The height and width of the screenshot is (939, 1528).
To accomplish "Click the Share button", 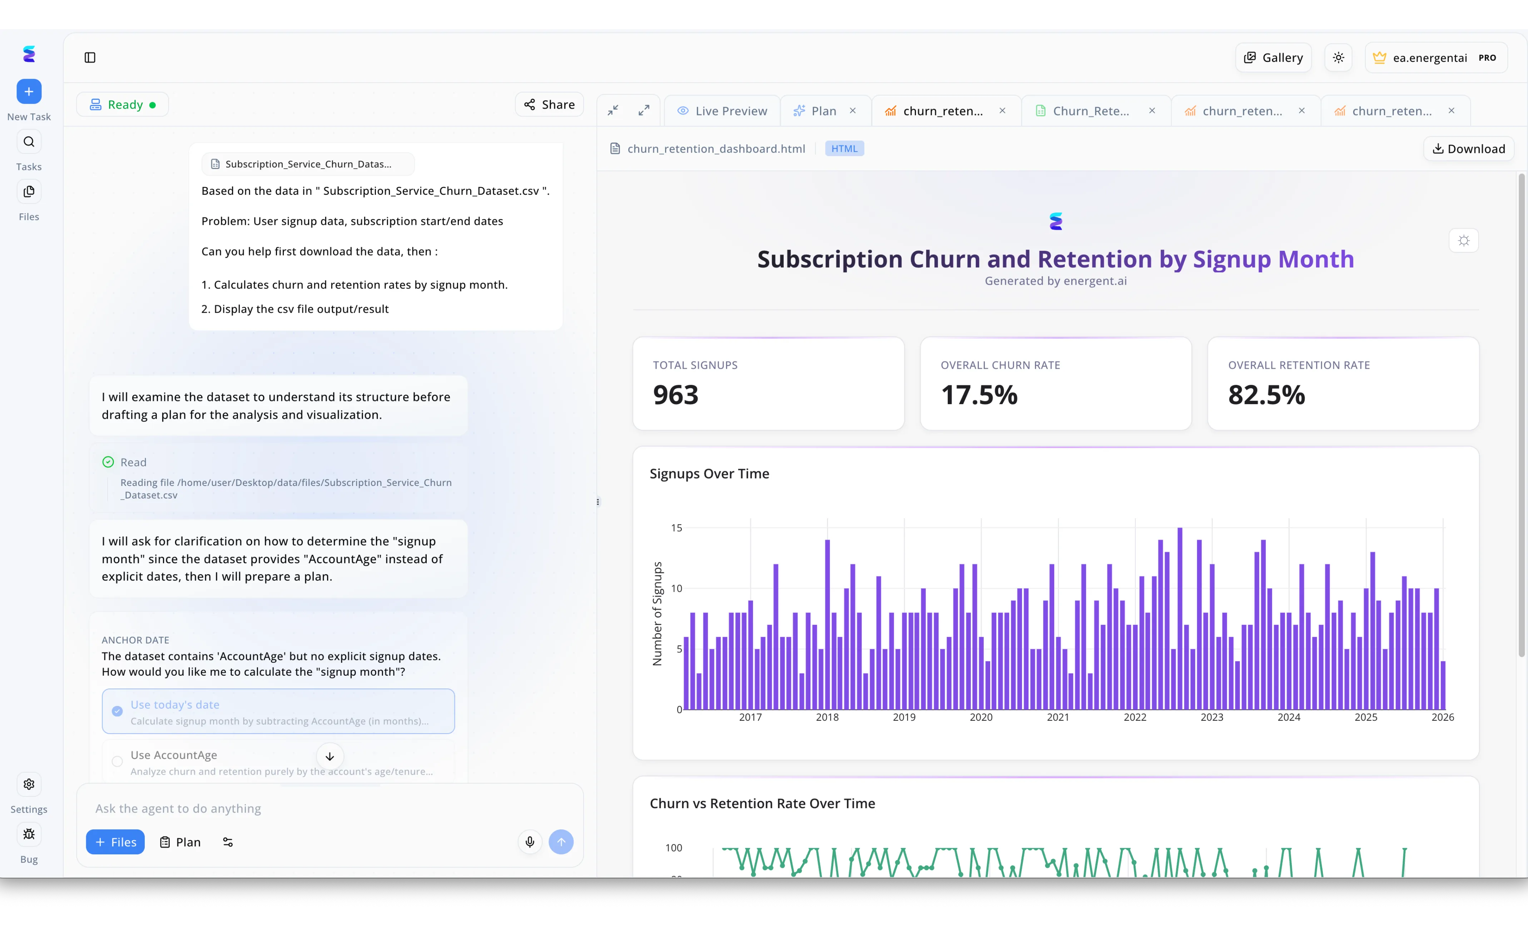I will point(549,104).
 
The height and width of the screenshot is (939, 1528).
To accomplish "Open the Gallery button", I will point(1273,58).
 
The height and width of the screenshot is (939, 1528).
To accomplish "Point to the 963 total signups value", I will point(675,395).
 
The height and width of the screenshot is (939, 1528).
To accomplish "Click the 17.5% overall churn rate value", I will point(979,395).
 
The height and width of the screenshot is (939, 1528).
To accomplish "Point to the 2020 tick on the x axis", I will point(981,717).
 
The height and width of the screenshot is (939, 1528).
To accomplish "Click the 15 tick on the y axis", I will point(676,528).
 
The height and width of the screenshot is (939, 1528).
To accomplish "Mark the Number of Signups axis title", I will point(657,613).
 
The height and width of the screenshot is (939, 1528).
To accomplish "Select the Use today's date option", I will point(278,711).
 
